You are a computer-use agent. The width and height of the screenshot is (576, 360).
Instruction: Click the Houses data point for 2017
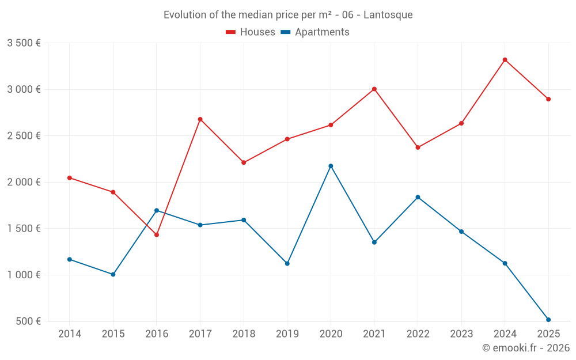coord(200,119)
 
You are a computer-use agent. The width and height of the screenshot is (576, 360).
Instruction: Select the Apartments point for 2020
coord(331,166)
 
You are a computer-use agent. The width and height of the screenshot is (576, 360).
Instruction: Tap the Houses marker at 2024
coord(505,60)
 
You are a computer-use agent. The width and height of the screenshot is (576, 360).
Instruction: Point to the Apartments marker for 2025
coord(548,320)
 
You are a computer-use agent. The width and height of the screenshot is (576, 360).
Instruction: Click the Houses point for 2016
coord(157,234)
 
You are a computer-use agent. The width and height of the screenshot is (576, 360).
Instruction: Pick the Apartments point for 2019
coord(287,263)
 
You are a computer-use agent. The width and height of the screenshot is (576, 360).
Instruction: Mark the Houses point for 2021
coord(374,89)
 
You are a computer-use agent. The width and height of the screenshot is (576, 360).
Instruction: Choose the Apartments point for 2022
coord(418,197)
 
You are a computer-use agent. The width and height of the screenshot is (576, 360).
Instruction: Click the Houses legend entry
coord(251,32)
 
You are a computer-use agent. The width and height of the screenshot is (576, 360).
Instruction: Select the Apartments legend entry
coord(315,32)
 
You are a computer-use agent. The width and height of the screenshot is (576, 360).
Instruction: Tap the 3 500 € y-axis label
coord(24,43)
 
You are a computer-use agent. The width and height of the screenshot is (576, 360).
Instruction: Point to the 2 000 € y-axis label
coord(24,182)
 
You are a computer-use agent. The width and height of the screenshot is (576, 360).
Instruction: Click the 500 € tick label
coord(28,321)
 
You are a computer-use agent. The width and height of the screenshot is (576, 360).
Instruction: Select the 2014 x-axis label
coord(70,334)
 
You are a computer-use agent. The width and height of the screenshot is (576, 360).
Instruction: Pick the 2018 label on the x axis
coord(244,334)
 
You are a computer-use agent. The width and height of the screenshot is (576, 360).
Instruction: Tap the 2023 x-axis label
coord(461,334)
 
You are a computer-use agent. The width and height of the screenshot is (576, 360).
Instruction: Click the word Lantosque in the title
coord(389,15)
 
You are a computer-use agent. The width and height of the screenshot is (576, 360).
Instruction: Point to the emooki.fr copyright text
coord(526,348)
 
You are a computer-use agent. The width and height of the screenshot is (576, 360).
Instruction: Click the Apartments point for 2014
coord(70,259)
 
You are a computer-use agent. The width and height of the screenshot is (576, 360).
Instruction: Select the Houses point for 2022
coord(418,147)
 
